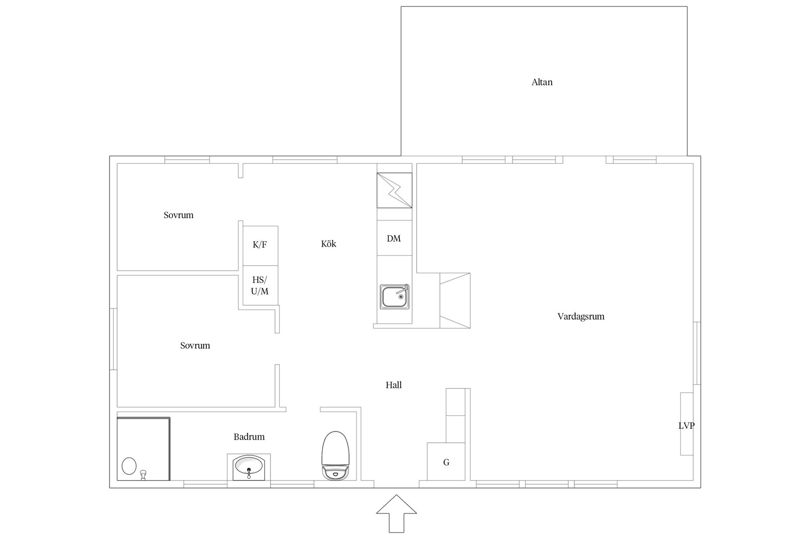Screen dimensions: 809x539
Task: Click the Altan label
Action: pos(542,82)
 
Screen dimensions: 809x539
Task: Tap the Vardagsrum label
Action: pos(581,316)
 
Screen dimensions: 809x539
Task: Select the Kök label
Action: pos(329,244)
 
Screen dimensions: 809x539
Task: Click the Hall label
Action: pos(394,385)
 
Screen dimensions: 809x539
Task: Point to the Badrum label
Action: pos(249,437)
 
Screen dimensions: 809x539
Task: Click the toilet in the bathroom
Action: pos(336,455)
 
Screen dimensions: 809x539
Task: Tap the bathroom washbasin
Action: pos(249,467)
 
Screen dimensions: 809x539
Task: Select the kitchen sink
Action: pos(394,296)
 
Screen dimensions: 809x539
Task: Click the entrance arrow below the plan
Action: pos(396,514)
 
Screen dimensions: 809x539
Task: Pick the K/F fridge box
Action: pos(260,245)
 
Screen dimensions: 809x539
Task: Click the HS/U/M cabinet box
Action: pos(260,286)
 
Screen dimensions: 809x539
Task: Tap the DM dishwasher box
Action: pos(394,238)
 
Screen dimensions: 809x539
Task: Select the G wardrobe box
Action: pos(446,462)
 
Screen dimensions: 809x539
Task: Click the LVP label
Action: pos(686,426)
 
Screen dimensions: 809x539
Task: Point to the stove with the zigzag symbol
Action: pos(394,190)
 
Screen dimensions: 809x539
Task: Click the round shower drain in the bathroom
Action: pos(129,466)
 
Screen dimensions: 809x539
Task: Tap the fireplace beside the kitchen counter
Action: pos(455,301)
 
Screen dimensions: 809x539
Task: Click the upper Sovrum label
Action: pos(179,215)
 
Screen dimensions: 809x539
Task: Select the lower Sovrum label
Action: pos(195,346)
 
